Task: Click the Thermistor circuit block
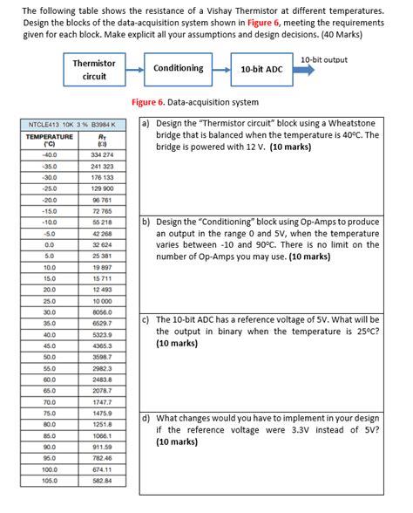94,70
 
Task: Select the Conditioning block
179,68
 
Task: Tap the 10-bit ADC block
261,69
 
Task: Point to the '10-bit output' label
323,59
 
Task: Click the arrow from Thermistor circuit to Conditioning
136,69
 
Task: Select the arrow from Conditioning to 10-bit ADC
221,69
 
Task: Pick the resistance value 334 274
103,154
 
